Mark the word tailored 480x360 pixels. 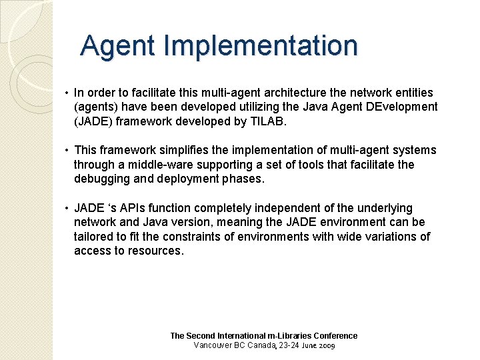91,237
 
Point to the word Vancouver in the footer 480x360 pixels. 213,345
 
